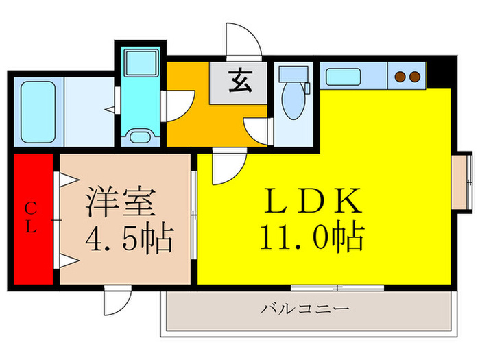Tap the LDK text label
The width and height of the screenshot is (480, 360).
(312, 202)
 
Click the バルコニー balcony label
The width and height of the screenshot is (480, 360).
(304, 309)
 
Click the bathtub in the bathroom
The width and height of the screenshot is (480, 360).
(38, 112)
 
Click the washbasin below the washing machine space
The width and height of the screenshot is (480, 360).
(142, 134)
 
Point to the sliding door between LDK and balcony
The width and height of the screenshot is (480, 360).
(336, 287)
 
